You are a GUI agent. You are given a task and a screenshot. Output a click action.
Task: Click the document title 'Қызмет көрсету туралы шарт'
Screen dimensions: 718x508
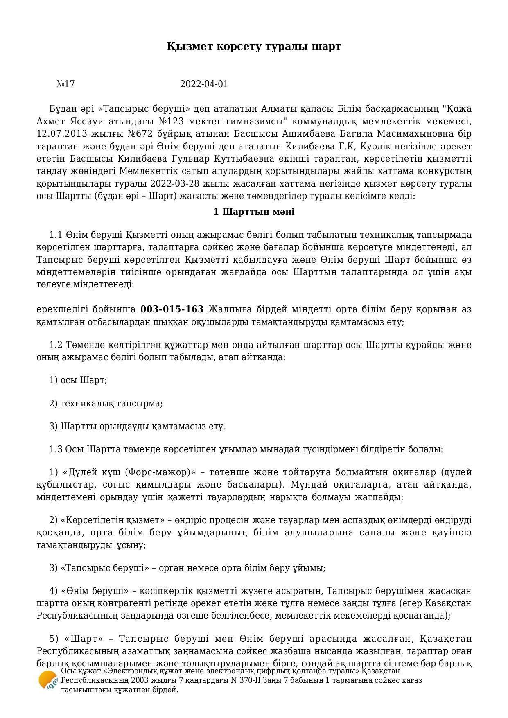[254, 47]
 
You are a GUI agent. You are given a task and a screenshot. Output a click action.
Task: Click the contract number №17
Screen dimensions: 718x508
[65, 84]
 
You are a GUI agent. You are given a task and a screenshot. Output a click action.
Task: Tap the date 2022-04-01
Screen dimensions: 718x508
[204, 84]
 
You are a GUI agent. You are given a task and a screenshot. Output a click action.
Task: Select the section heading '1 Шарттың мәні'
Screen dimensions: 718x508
[254, 212]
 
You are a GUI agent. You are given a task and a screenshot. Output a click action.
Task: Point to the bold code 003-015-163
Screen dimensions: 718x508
[172, 309]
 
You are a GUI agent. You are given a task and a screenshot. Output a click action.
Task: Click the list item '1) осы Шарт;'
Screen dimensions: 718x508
[78, 380]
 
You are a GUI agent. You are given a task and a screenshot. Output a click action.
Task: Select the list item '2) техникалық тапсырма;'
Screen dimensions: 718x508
[106, 403]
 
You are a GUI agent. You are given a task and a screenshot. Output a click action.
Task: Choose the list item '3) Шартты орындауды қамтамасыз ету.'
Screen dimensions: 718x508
[138, 427]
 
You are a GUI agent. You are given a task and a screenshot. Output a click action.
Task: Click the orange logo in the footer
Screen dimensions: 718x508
[48, 680]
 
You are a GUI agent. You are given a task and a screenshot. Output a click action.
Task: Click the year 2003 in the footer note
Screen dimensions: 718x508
[135, 680]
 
